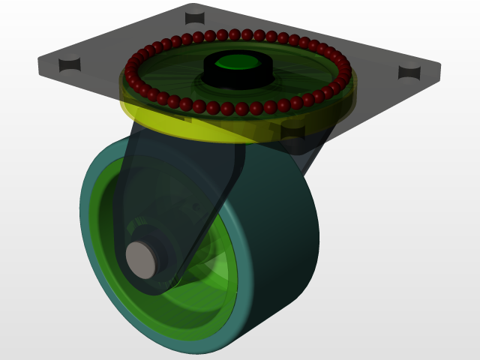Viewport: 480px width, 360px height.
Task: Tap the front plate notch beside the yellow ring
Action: (293, 132)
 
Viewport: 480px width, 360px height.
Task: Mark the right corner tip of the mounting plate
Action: (439, 69)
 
